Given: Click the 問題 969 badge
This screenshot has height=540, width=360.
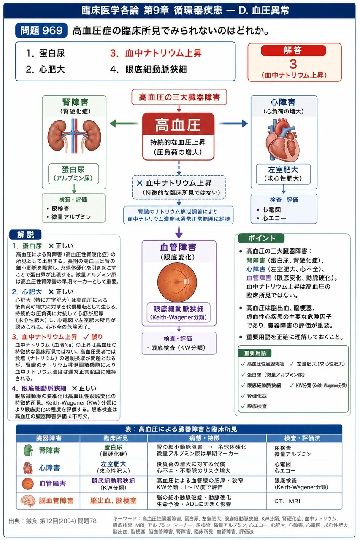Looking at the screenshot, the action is tap(41, 30).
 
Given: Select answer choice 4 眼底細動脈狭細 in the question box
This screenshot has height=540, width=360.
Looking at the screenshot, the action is tap(149, 70).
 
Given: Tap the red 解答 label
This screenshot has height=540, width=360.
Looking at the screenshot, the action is tap(293, 50).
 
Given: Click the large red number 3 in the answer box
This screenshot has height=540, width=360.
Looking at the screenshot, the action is tap(293, 64).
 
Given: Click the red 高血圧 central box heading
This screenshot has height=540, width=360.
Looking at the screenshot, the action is tap(178, 125).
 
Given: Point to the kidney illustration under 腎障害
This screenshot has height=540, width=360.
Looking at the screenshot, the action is tap(74, 136).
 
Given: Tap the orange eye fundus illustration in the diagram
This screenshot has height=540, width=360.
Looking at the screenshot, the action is tap(177, 282).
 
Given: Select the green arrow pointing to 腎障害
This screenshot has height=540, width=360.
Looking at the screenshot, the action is tap(124, 124).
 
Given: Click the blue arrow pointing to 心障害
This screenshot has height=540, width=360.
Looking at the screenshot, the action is tap(233, 124).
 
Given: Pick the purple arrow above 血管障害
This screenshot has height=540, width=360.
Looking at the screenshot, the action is tap(179, 232).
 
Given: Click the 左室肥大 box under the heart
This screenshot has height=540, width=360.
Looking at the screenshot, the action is tap(283, 174).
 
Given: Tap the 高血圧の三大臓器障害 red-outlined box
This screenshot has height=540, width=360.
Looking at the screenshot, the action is tap(179, 97).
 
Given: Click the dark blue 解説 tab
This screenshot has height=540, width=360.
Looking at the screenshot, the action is tap(25, 234).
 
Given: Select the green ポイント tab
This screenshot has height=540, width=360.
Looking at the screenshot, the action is tap(261, 238).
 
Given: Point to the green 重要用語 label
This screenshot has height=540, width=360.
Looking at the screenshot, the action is tap(255, 353).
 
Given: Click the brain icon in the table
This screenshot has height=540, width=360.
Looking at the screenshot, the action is tap(28, 500).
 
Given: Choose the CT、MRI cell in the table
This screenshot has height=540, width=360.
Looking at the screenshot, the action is tap(287, 501).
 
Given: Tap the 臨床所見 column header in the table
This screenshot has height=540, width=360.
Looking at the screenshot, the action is tap(114, 438).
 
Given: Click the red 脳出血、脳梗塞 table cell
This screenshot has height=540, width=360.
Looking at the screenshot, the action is tap(114, 500).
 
